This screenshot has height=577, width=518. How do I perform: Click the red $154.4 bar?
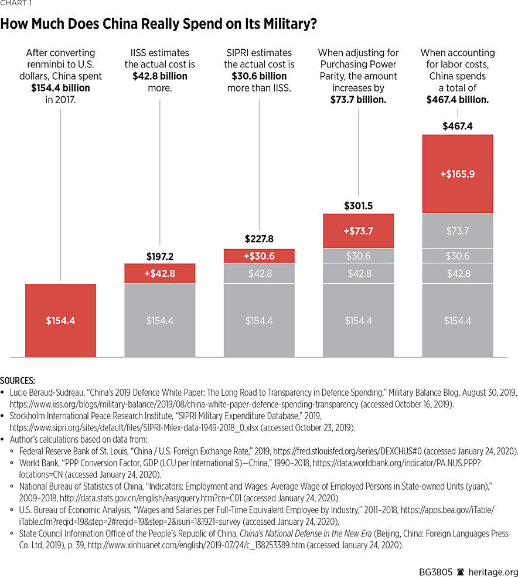tap(60, 320)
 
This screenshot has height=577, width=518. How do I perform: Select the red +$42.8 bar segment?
tap(159, 273)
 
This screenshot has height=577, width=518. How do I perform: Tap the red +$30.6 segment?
tap(259, 256)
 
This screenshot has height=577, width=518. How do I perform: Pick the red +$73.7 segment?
tap(358, 231)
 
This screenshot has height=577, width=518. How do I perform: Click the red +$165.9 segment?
tap(458, 174)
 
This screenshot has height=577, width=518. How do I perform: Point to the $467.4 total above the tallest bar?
tap(458, 125)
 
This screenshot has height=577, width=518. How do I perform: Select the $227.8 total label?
tap(259, 239)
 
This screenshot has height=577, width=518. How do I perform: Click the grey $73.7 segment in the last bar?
tap(458, 230)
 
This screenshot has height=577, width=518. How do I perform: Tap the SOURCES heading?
tap(18, 381)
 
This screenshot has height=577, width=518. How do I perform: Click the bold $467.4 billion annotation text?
tap(458, 100)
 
